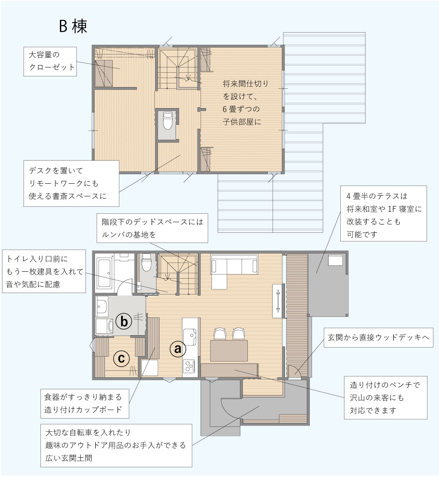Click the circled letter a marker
177,348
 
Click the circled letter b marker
123,321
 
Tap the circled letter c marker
121,358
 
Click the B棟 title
73,26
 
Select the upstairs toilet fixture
167,121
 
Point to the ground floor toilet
147,262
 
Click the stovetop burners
189,366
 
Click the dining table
229,351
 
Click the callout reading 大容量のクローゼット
50,62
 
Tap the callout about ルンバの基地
152,228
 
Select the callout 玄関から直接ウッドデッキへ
378,338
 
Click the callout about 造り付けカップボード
85,403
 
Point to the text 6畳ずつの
241,109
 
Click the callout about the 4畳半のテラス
384,213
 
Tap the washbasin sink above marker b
102,306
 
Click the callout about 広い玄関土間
116,445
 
